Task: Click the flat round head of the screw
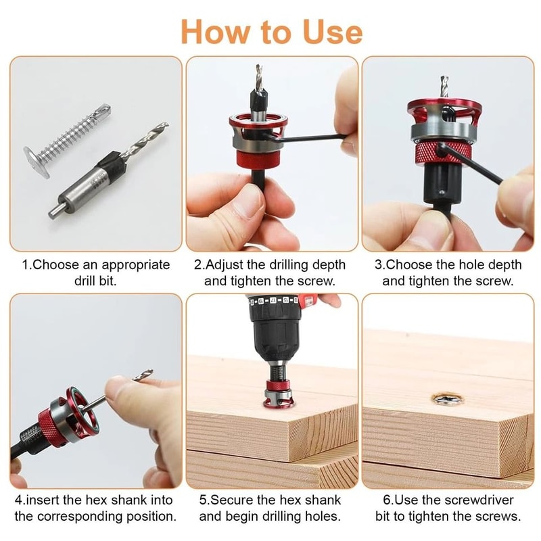tap(36, 160)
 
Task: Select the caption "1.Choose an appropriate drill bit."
tap(95, 273)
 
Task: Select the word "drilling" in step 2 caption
tap(285, 264)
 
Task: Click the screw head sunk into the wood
tap(442, 401)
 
